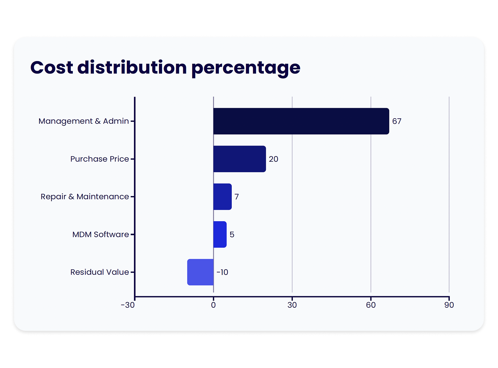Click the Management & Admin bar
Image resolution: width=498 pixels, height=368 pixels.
click(x=301, y=121)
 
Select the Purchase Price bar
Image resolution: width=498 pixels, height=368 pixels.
click(x=240, y=159)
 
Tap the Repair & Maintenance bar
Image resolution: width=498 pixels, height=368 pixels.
click(x=222, y=197)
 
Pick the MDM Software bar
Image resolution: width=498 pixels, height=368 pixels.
click(x=220, y=235)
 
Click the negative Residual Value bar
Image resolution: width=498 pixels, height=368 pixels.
click(x=200, y=272)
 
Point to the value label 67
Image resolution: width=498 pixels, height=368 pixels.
click(x=397, y=121)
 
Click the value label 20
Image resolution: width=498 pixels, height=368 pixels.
click(x=273, y=159)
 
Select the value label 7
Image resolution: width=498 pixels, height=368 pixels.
click(x=236, y=197)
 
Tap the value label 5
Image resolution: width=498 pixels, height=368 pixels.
click(x=232, y=235)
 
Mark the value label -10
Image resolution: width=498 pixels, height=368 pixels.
click(x=222, y=272)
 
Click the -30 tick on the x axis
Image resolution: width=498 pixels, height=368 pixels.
click(x=128, y=305)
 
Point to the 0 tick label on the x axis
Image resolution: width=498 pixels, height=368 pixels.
click(x=213, y=305)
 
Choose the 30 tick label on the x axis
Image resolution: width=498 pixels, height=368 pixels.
click(x=292, y=305)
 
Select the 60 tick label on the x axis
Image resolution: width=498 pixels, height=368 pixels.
click(x=371, y=305)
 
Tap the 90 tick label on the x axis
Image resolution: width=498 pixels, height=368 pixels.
click(x=449, y=305)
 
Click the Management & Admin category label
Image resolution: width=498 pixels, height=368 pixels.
click(x=83, y=121)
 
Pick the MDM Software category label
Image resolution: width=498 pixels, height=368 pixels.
click(x=101, y=235)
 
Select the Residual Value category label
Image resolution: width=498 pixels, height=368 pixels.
click(x=99, y=272)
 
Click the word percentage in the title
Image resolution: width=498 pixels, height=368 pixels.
click(x=245, y=68)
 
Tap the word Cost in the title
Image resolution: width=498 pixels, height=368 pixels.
click(x=52, y=67)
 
